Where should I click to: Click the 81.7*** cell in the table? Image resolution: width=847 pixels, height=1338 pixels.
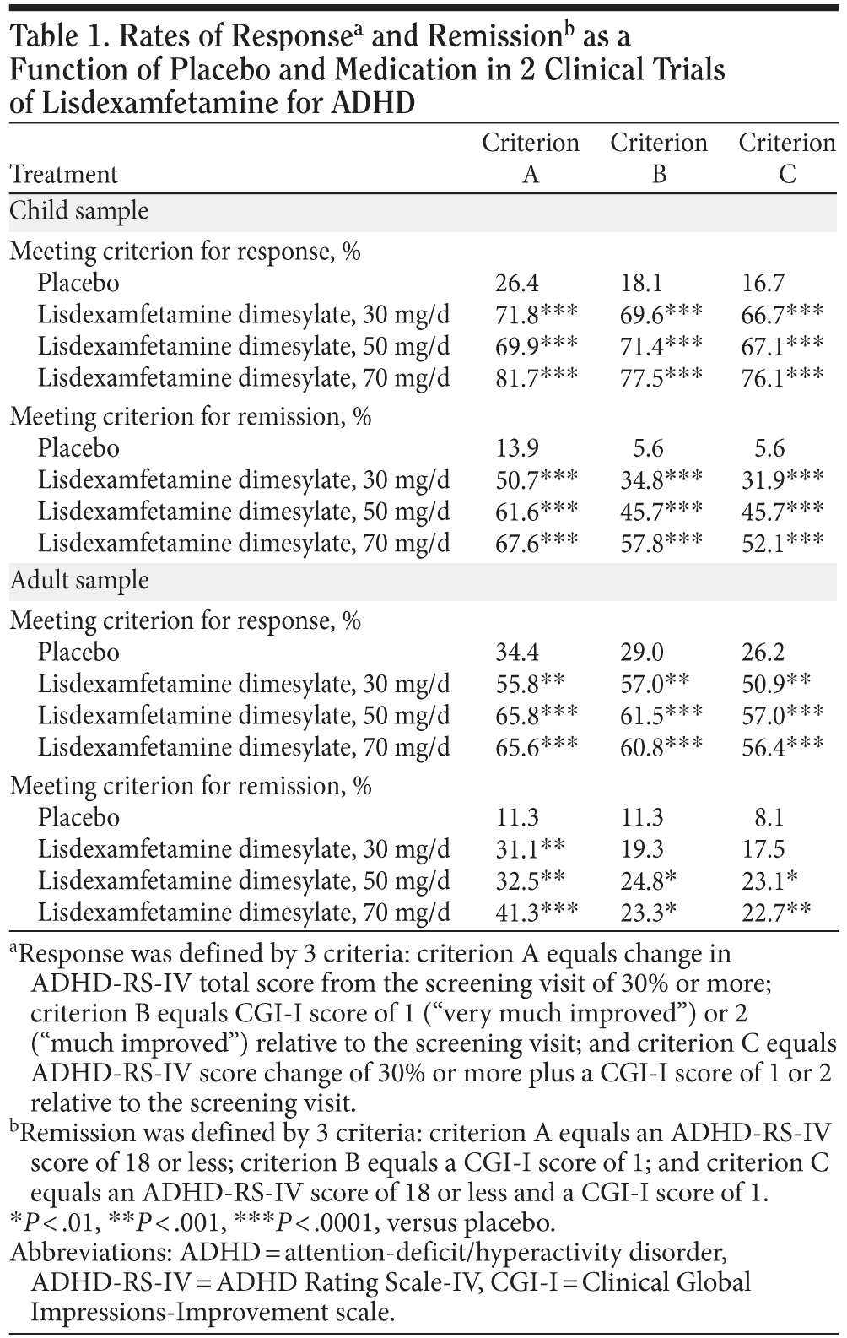click(536, 377)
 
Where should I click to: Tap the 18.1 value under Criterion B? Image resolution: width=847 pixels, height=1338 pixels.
click(639, 283)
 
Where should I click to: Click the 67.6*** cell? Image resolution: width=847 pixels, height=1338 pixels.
click(536, 543)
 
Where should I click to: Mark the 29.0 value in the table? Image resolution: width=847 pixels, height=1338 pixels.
click(639, 653)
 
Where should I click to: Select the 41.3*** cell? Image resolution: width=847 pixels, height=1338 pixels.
click(536, 913)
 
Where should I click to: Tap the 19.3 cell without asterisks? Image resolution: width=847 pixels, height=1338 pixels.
click(639, 849)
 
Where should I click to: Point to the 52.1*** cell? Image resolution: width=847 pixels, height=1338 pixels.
click(781, 543)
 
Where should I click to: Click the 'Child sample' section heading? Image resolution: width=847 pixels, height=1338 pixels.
click(78, 211)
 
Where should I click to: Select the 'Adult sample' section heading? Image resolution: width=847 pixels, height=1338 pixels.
click(78, 581)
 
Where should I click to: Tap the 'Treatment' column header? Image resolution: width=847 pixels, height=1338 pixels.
click(64, 174)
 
